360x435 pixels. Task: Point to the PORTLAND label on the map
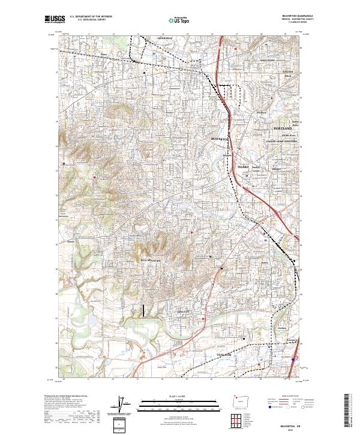(x=282, y=129)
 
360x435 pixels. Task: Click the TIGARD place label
(x=242, y=167)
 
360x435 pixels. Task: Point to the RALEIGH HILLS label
(x=275, y=73)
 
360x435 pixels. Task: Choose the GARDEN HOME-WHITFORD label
(x=282, y=142)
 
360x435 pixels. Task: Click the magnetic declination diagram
(x=123, y=406)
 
